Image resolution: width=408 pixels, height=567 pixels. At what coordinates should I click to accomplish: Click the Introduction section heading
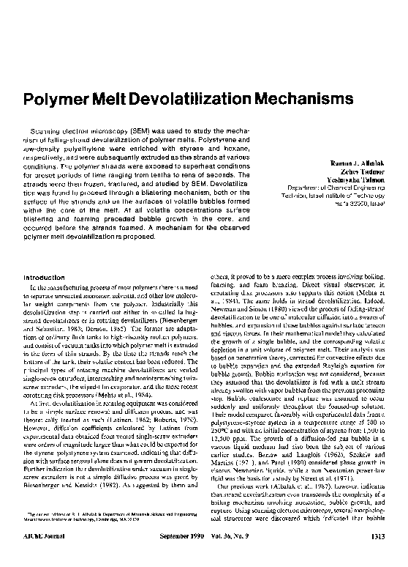click(x=45, y=277)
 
